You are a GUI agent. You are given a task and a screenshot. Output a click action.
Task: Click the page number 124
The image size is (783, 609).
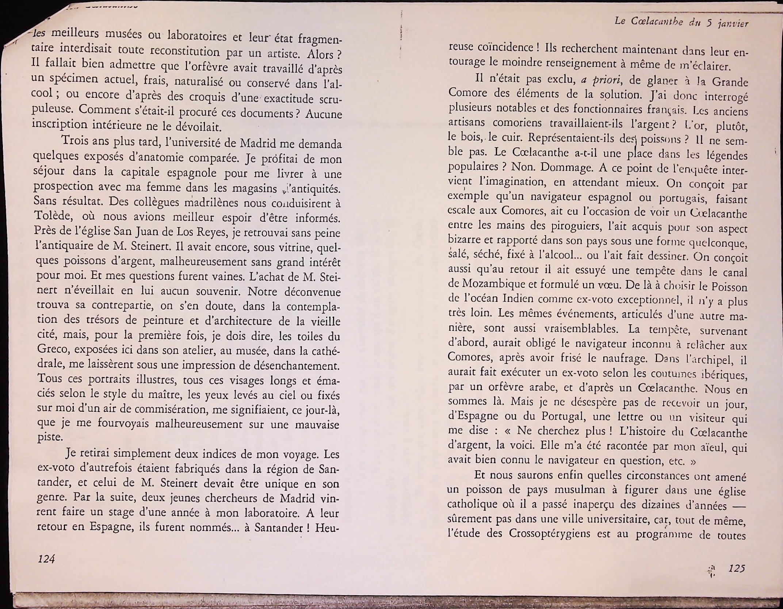(46, 559)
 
